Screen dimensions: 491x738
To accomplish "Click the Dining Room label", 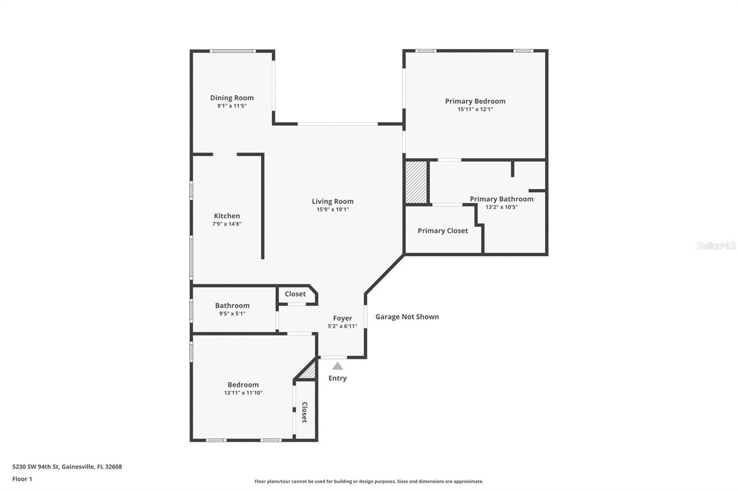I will pyautogui.click(x=232, y=98).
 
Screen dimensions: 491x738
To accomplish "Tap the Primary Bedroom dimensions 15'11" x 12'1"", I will pyautogui.click(x=475, y=110).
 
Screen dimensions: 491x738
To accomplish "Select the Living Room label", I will pyautogui.click(x=332, y=201).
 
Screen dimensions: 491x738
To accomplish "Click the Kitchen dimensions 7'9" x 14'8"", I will pyautogui.click(x=227, y=224).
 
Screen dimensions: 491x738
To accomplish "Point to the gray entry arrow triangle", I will pyautogui.click(x=338, y=367).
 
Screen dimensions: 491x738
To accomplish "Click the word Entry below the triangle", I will pyautogui.click(x=337, y=378).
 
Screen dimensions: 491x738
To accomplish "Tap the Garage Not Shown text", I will pyautogui.click(x=407, y=317).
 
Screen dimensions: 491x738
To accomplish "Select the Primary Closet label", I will pyautogui.click(x=442, y=231).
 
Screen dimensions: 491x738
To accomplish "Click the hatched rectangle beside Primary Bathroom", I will pyautogui.click(x=416, y=181).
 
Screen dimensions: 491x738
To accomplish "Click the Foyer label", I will pyautogui.click(x=342, y=318).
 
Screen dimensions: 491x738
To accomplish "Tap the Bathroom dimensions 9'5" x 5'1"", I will pyautogui.click(x=232, y=314).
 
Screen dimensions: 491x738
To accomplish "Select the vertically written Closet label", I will pyautogui.click(x=304, y=412).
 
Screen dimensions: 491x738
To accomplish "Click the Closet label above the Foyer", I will pyautogui.click(x=295, y=294).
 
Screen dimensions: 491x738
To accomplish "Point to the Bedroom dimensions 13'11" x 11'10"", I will pyautogui.click(x=243, y=393).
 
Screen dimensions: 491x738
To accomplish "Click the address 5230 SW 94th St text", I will pyautogui.click(x=67, y=467).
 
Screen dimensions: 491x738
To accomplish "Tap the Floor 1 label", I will pyautogui.click(x=22, y=479).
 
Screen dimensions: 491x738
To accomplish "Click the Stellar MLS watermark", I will pyautogui.click(x=716, y=246).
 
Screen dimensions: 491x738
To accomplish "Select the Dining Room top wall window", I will pyautogui.click(x=232, y=51).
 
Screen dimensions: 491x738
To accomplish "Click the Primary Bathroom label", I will pyautogui.click(x=501, y=199).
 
